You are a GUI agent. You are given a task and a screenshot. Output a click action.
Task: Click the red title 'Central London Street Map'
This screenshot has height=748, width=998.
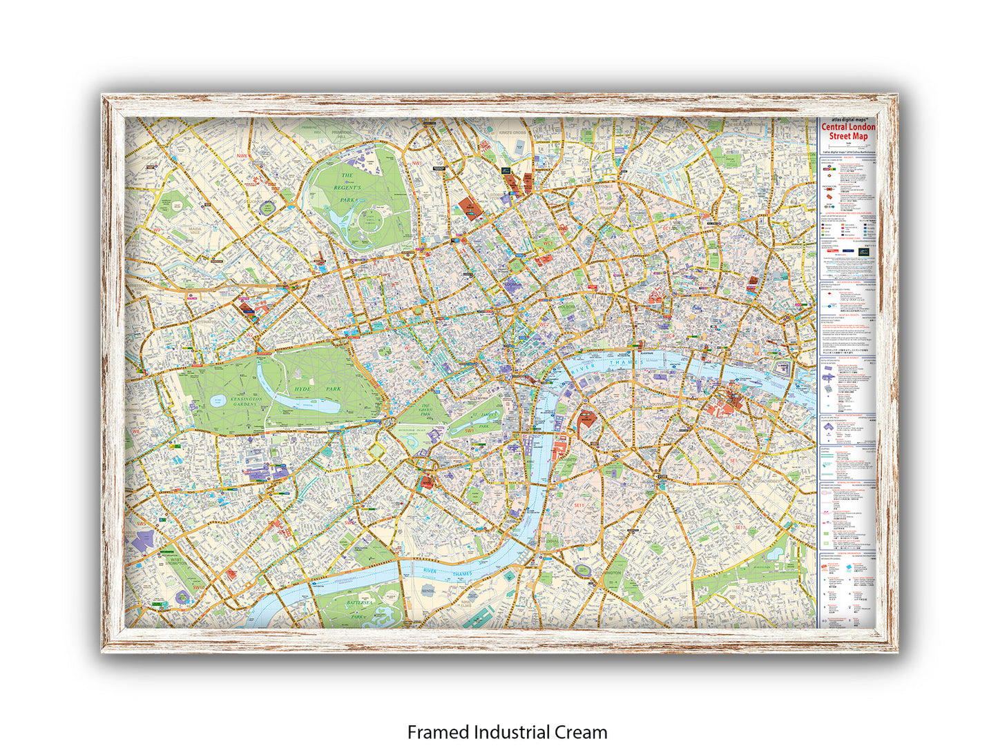(x=847, y=131)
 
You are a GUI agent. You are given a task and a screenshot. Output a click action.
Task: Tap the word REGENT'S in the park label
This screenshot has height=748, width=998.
(x=347, y=187)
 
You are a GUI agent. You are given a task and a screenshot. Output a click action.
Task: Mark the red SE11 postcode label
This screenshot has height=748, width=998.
(x=579, y=505)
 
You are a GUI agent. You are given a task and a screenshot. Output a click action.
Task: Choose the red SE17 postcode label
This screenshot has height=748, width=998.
(x=740, y=527)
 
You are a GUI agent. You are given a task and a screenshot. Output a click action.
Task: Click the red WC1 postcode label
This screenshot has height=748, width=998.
(x=548, y=243)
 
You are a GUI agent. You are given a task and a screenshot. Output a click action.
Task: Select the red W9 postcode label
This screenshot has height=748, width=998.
(x=157, y=230)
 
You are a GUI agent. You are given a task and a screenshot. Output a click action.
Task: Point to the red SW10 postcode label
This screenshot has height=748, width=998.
(x=198, y=587)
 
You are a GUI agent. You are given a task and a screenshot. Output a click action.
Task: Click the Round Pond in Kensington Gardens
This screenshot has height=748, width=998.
(x=218, y=400)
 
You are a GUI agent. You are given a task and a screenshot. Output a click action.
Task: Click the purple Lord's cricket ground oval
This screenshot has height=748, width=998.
(x=267, y=206)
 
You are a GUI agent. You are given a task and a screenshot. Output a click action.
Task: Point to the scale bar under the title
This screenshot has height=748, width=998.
(x=847, y=146)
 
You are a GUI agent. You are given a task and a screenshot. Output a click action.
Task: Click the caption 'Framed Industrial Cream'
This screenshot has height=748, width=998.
(x=507, y=731)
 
